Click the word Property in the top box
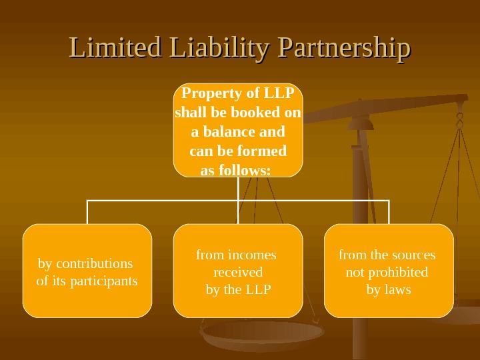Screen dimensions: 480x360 pyautogui.click(x=209, y=93)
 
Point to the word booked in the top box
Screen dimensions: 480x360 pyautogui.click(x=260, y=113)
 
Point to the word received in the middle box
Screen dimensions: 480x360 pyautogui.click(x=238, y=272)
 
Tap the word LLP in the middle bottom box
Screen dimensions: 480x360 pyautogui.click(x=258, y=289)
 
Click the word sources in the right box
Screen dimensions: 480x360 pyautogui.click(x=413, y=255)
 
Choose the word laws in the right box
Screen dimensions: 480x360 pyautogui.click(x=398, y=289)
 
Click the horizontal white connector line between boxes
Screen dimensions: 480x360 pyautogui.click(x=163, y=199)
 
